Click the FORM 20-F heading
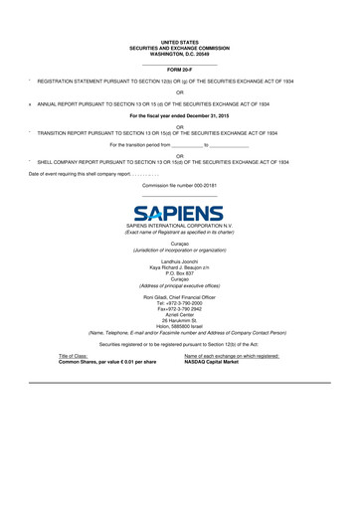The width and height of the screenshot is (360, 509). [179, 69]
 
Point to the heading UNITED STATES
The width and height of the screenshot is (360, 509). [179, 41]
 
